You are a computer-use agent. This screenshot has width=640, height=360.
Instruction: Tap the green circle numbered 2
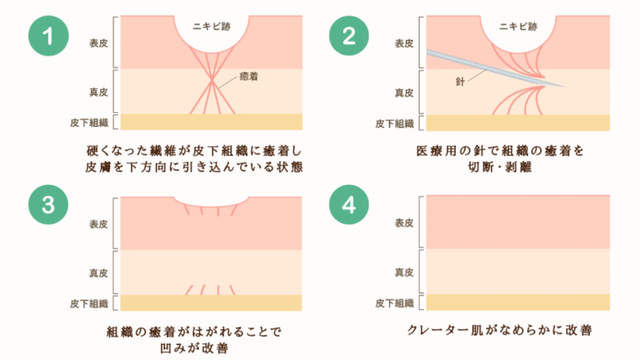click(349, 37)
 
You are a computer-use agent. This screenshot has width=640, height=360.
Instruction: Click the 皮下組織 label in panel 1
click(96, 124)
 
